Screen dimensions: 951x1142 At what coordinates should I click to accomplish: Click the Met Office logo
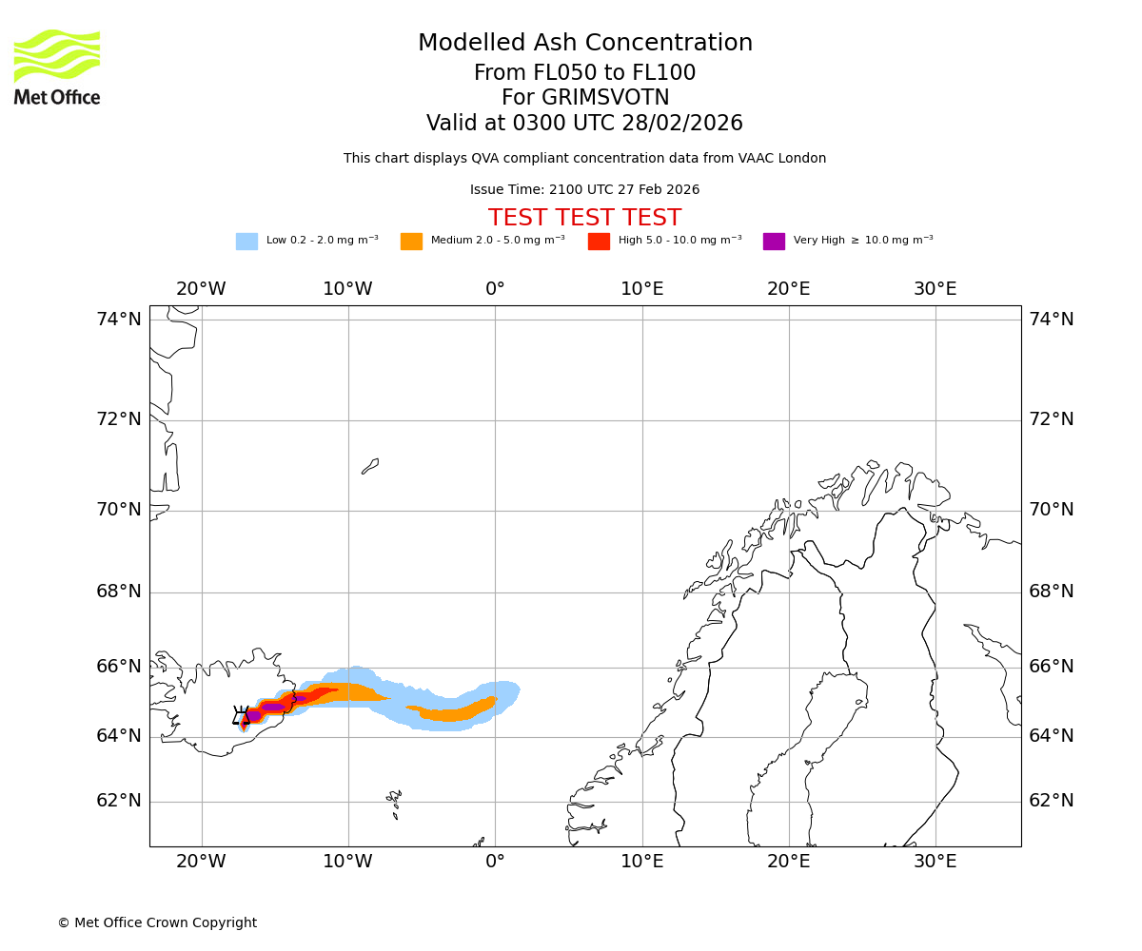tap(57, 67)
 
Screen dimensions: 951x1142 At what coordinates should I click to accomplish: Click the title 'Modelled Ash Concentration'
tap(585, 44)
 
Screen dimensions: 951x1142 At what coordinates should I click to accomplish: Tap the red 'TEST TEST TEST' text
tap(584, 218)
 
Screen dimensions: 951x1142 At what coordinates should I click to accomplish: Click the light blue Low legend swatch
tap(246, 242)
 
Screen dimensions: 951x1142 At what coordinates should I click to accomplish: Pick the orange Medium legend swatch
tap(411, 242)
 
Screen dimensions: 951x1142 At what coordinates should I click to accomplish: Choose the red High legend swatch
tap(599, 242)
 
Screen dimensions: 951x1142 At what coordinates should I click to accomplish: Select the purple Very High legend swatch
tap(774, 242)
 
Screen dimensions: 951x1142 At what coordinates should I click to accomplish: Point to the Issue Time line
tap(584, 190)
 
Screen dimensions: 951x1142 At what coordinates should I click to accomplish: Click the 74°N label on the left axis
tap(119, 320)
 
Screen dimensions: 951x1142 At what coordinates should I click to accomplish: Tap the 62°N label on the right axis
tap(1052, 801)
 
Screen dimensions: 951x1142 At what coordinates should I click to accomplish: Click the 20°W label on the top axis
tap(201, 289)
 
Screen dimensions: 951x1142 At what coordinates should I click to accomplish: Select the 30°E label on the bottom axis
tap(935, 862)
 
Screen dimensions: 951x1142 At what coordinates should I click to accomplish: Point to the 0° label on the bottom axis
tap(495, 862)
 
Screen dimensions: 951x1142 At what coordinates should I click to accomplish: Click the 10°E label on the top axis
tap(642, 289)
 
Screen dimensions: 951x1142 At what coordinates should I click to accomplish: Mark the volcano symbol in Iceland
tap(241, 716)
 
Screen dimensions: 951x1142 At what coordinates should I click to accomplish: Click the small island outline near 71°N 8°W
tap(370, 466)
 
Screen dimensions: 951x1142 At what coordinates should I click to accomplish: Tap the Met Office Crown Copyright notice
tap(157, 922)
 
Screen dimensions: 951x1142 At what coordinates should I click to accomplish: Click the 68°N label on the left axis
tap(119, 592)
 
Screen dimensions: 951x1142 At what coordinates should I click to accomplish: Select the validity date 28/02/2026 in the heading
tap(682, 124)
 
